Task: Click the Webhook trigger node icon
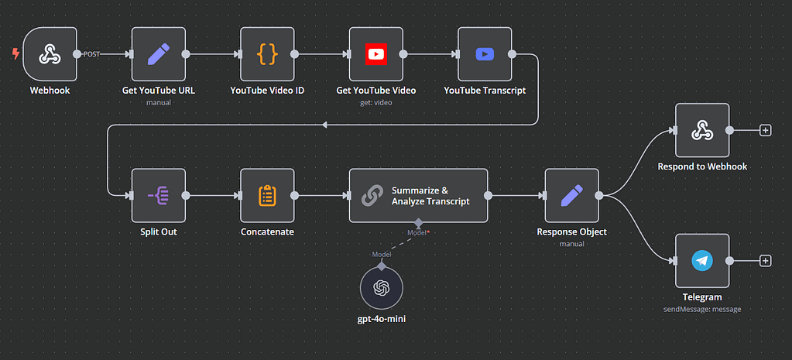[50, 54]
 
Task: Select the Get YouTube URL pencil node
[159, 54]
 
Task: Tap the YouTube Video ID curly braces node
[267, 54]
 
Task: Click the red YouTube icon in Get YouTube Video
[375, 54]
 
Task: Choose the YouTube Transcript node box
[485, 54]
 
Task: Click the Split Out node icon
[159, 195]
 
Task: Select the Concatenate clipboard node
[267, 195]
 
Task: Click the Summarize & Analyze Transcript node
[418, 195]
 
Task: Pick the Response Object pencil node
[571, 195]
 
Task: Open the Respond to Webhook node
[702, 130]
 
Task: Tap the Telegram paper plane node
[702, 261]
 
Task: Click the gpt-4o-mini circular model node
[381, 288]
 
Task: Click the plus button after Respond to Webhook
[766, 130]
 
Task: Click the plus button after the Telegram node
[766, 261]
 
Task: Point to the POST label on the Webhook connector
[91, 54]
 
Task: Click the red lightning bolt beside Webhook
[15, 54]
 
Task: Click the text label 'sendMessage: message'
[702, 309]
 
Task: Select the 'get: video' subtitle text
[375, 101]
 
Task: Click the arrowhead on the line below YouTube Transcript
[324, 125]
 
